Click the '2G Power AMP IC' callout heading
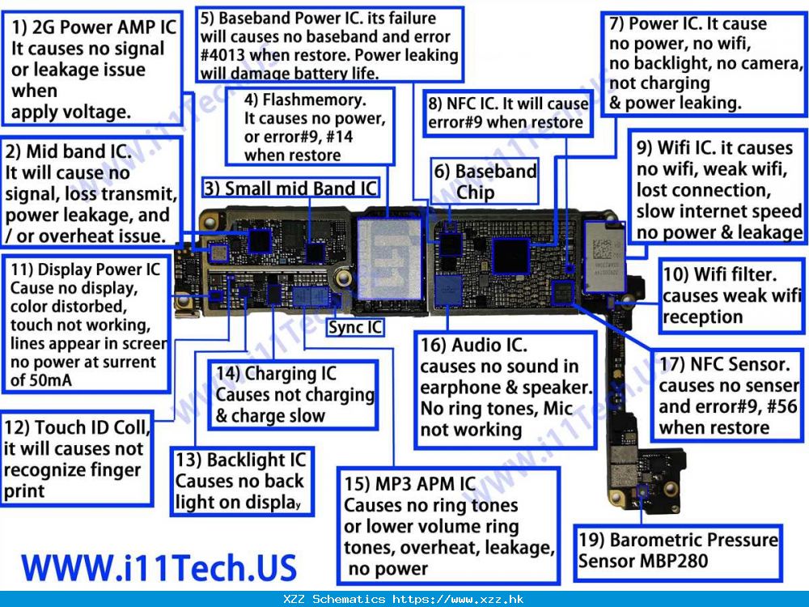point(94,28)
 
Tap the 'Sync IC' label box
point(355,327)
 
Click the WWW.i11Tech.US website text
point(159,567)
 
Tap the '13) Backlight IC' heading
point(241,460)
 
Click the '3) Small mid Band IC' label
point(290,189)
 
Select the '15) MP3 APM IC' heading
point(409,484)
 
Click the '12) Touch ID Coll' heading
point(77,428)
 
